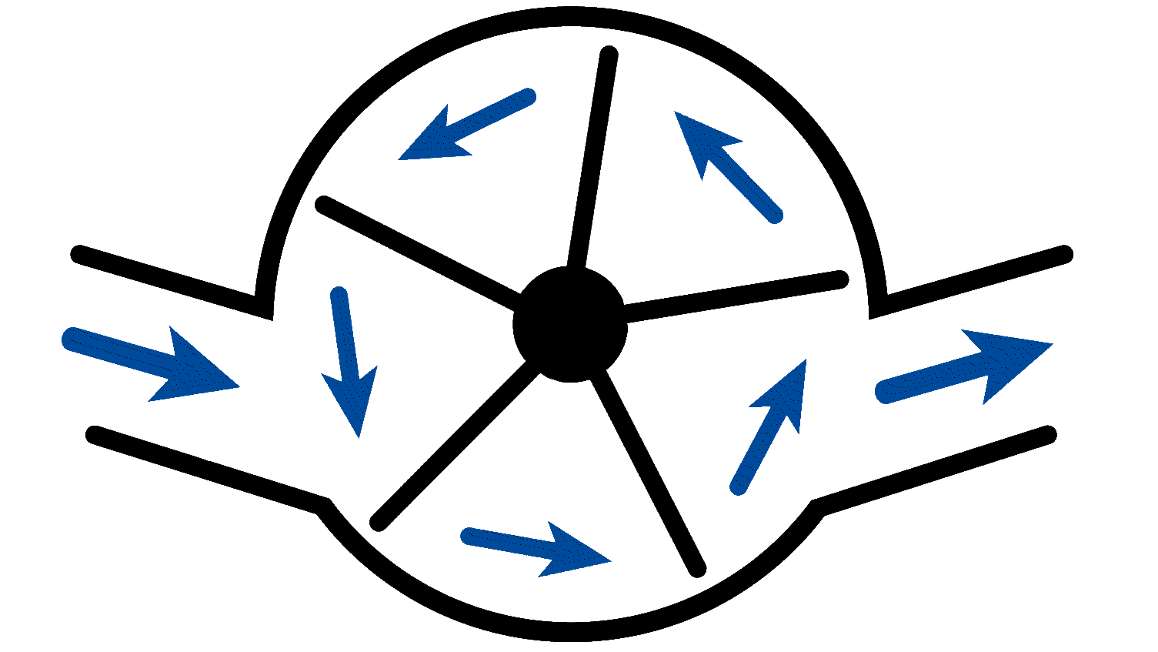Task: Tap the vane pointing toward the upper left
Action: click(415, 251)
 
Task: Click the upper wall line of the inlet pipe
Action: click(169, 279)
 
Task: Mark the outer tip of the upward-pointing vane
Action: click(609, 54)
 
